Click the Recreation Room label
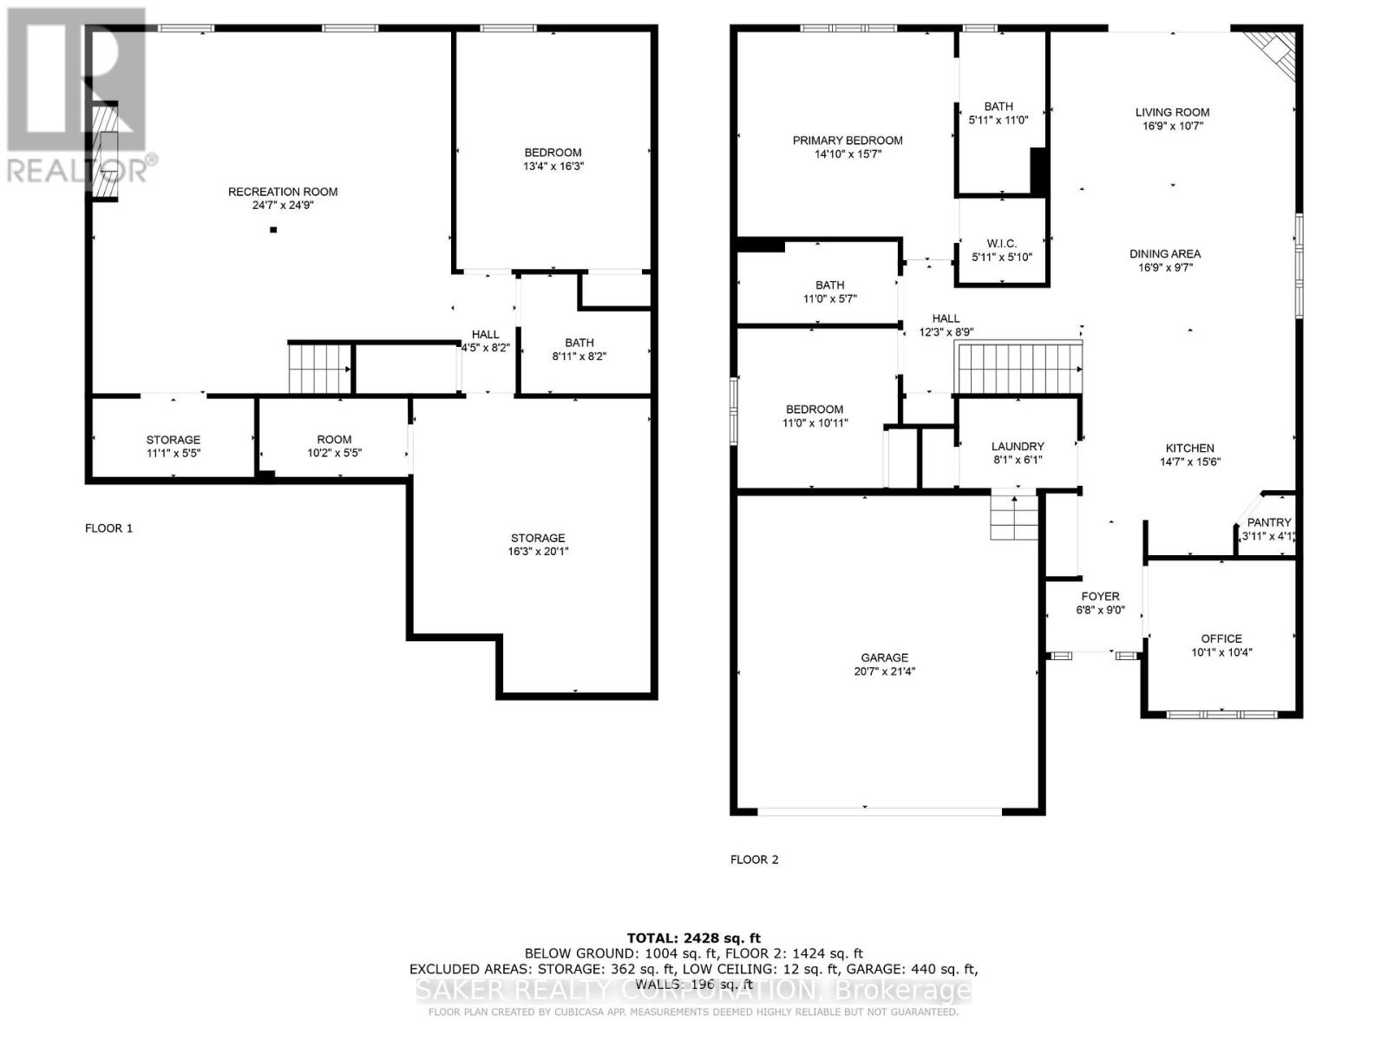click(x=283, y=192)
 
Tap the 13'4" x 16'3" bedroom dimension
click(x=553, y=167)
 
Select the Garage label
click(x=885, y=658)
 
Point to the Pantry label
click(x=1269, y=522)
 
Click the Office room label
click(x=1221, y=638)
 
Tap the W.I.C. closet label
click(x=1002, y=244)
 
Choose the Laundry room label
click(x=1018, y=447)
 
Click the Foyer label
click(x=1100, y=596)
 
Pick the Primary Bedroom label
click(x=848, y=141)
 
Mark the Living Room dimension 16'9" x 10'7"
click(x=1172, y=126)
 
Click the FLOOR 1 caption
click(x=108, y=528)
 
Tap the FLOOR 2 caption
click(x=754, y=860)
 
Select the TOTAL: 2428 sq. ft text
click(x=693, y=938)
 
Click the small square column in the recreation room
click(x=273, y=230)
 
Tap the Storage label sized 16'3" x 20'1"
click(x=538, y=538)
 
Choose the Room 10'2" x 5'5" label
click(x=334, y=440)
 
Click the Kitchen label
click(x=1189, y=448)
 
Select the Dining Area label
click(x=1165, y=254)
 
